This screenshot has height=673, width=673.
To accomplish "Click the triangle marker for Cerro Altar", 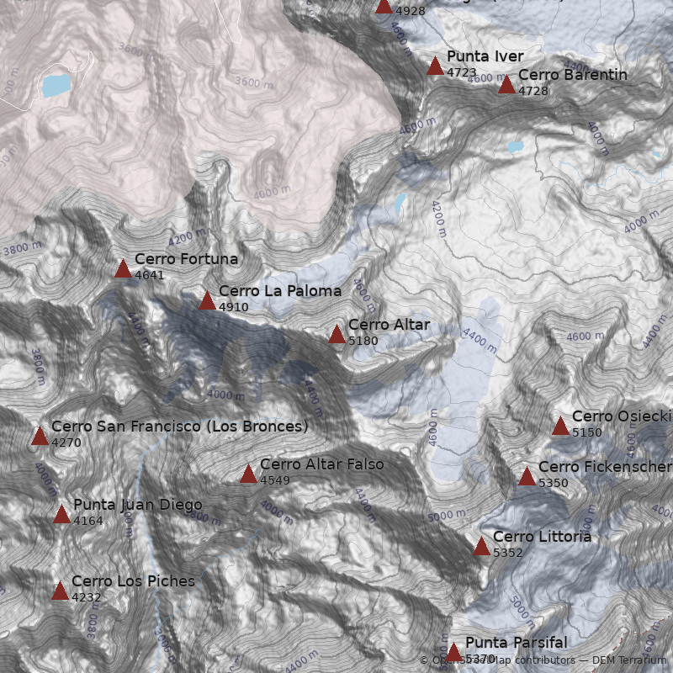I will coord(336,334).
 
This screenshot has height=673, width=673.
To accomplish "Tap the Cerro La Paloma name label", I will coord(279,291).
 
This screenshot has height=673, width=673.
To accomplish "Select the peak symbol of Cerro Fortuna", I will coord(123,268).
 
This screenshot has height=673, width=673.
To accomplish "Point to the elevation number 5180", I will coord(363,341).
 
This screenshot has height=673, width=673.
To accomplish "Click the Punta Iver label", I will coord(485,56).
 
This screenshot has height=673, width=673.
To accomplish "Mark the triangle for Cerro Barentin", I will coord(506,84).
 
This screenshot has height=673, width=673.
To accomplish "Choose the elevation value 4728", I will coord(533,91).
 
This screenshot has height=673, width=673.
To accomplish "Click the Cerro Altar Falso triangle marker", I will coord(248,474).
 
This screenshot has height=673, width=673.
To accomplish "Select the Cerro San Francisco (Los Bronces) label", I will coord(179,427).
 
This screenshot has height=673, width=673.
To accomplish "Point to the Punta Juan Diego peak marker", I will coord(61,514).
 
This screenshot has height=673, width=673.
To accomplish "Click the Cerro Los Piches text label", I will coord(133,581).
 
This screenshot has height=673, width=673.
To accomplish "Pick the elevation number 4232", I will coord(86,597).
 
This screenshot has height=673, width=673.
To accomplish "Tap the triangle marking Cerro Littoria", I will coord(481,546).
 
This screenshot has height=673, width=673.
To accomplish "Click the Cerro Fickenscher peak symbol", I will coord(527,476).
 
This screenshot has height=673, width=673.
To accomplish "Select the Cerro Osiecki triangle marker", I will coord(560,426).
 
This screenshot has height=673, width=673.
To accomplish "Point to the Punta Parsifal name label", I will coord(516,643).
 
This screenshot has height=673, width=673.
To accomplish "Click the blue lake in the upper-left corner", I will coord(56,85).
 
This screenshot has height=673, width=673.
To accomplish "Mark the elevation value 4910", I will coord(233,307).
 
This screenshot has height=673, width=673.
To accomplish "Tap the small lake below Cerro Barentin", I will coord(515,146).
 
